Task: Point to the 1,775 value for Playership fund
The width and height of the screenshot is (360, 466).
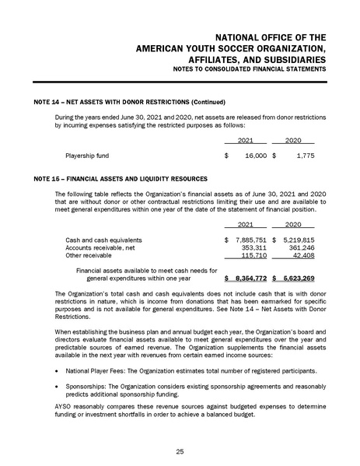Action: (302, 156)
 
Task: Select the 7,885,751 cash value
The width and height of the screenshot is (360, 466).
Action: (250, 240)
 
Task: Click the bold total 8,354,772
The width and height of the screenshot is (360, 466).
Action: (250, 278)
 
